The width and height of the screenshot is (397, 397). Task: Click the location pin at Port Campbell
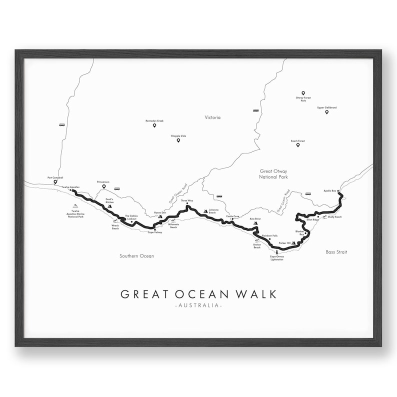[55, 182]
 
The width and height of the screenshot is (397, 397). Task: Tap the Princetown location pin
[104, 186]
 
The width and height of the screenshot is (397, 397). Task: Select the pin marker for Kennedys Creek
[154, 125]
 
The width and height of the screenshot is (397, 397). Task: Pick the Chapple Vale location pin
[178, 140]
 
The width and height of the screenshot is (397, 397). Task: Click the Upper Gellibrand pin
[326, 112]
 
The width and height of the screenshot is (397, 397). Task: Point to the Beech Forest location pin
[297, 145]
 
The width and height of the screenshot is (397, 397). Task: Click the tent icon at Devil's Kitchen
[109, 205]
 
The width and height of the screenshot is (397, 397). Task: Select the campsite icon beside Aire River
[255, 223]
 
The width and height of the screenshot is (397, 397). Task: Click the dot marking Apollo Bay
[338, 191]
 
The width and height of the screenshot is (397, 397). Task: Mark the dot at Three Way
[187, 203]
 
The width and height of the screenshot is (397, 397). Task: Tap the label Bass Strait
[336, 252]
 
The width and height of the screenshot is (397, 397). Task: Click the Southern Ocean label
[136, 256]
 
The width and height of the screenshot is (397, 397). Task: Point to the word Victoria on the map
[212, 117]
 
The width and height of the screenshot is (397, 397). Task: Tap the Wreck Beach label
[115, 227]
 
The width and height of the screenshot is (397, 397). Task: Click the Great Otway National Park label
[273, 174]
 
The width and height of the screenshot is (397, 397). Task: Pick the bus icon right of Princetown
[116, 189]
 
